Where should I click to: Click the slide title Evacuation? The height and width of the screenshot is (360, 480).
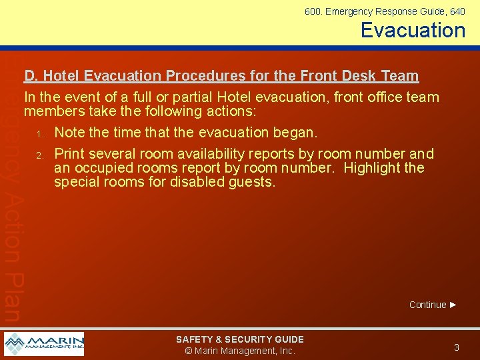413,30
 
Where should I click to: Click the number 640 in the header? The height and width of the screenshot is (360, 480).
457,11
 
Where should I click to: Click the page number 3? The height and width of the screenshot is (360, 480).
456,347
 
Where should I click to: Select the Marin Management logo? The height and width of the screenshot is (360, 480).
44,344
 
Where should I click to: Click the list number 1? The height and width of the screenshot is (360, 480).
39,133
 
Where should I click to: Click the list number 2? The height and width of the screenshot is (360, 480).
39,155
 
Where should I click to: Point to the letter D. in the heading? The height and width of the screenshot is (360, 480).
31,77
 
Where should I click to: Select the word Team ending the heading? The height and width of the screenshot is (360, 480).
399,77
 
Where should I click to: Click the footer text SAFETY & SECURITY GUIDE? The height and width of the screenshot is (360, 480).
239,339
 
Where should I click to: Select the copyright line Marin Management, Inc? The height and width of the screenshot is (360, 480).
239,351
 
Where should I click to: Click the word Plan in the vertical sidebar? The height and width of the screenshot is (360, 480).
12,297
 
